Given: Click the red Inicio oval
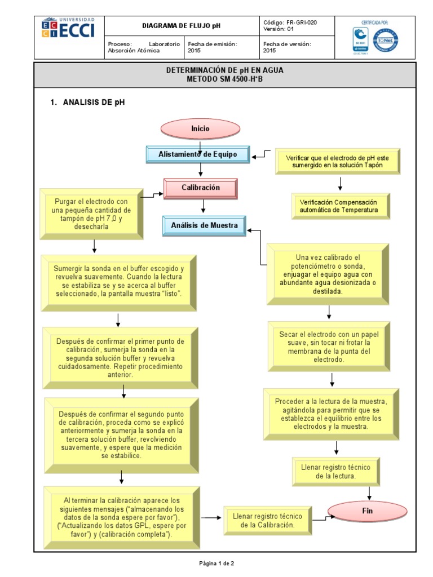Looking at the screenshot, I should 200,128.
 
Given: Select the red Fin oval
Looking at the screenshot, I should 364,511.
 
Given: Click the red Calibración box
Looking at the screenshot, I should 201,188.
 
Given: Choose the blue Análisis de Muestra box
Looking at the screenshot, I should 205,226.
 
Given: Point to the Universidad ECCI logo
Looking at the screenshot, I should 68,28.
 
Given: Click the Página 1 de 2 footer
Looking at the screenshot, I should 216,563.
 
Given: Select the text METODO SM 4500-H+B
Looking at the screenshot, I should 225,79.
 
